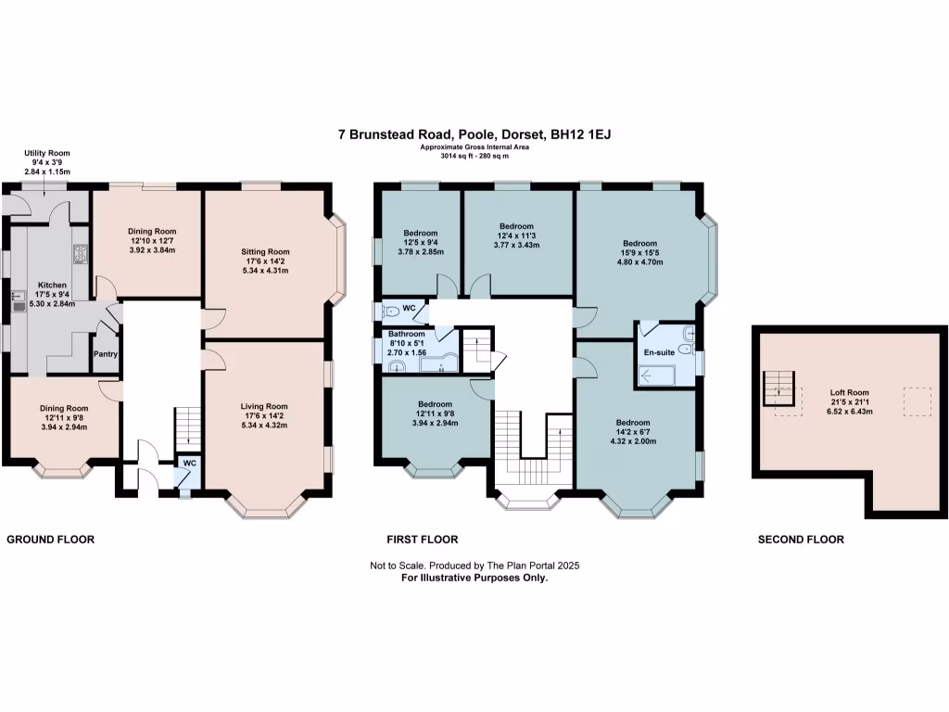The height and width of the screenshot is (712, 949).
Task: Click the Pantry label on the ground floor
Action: pos(106,354)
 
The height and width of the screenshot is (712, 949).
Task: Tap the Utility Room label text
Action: pos(47,153)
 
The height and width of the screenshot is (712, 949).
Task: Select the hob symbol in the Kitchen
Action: pos(81,254)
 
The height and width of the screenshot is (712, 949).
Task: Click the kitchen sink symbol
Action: pos(19,301)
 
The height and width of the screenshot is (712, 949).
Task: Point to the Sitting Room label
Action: pos(265,252)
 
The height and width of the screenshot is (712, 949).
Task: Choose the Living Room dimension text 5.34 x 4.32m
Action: pos(264,425)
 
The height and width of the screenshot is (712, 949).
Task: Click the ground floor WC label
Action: pos(189,464)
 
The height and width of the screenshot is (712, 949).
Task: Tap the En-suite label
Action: pos(659,352)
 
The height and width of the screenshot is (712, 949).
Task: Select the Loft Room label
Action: pos(849,392)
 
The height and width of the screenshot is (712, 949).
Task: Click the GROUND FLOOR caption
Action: pos(51,540)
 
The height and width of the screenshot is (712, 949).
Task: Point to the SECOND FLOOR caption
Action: pos(801,540)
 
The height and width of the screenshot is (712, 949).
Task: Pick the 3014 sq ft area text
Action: pos(456,156)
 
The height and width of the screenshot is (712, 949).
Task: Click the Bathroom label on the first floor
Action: pos(407,334)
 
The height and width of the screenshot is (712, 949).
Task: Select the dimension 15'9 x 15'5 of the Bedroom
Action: pos(639,253)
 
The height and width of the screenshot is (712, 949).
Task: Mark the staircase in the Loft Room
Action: pos(778,388)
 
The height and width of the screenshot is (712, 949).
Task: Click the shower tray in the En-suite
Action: pos(657,376)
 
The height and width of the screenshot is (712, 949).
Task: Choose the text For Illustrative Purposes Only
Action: pos(474,578)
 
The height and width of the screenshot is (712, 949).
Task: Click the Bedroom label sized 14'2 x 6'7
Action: pos(633,423)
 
